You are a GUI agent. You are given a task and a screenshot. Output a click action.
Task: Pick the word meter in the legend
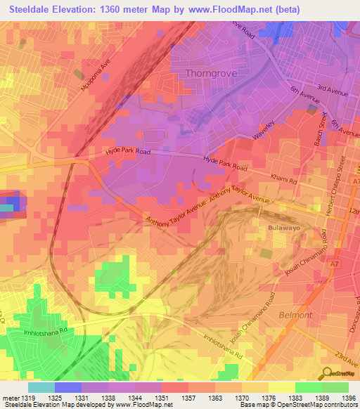[x=11, y=398]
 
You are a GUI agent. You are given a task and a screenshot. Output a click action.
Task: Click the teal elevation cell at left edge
[x=6, y=207]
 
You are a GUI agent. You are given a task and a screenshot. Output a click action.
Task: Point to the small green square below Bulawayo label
[x=265, y=252]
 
